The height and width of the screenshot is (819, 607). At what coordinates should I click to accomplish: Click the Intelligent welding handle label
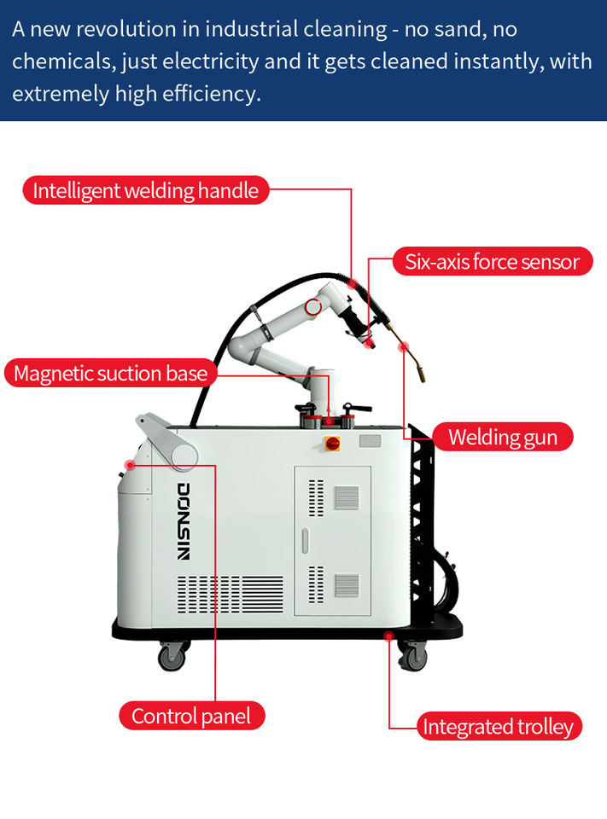pyautogui.click(x=145, y=190)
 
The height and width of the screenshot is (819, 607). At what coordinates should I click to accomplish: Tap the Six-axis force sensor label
pyautogui.click(x=492, y=262)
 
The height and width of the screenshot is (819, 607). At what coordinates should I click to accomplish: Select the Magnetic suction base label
pyautogui.click(x=110, y=373)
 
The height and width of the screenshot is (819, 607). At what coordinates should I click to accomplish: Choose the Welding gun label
pyautogui.click(x=502, y=438)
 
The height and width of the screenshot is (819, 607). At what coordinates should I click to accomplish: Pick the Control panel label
pyautogui.click(x=191, y=716)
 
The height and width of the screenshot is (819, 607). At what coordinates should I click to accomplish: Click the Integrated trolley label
pyautogui.click(x=499, y=727)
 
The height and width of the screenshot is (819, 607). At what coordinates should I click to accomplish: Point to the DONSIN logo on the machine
pyautogui.click(x=184, y=520)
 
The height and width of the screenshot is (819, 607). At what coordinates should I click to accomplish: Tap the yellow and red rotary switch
pyautogui.click(x=332, y=443)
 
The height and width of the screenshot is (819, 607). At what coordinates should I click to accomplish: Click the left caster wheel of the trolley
pyautogui.click(x=172, y=656)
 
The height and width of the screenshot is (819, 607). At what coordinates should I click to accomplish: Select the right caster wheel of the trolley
pyautogui.click(x=412, y=656)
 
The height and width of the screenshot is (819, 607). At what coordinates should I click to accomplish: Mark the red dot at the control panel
pyautogui.click(x=130, y=466)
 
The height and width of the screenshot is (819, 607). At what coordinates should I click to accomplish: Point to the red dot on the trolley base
pyautogui.click(x=388, y=636)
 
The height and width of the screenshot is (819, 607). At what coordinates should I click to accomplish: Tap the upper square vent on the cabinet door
pyautogui.click(x=346, y=497)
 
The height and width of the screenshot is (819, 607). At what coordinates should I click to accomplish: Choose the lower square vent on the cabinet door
pyautogui.click(x=346, y=585)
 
